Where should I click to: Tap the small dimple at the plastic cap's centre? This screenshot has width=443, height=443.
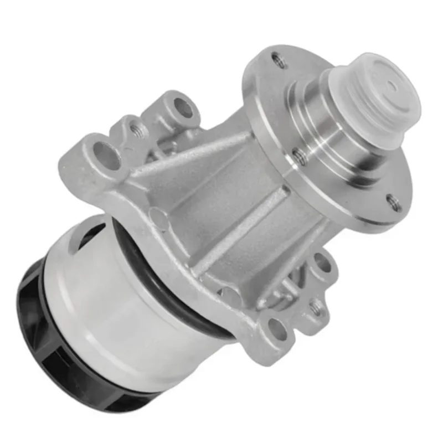pos(392,85)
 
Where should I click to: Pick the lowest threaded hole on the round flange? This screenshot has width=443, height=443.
pos(394,202)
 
